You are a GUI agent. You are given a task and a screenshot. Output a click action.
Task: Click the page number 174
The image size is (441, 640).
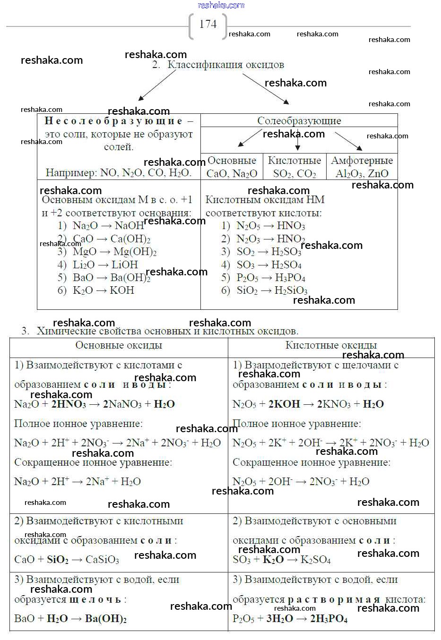[x=208, y=24]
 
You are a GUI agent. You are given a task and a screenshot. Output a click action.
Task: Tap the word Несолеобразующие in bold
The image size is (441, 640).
[x=113, y=121]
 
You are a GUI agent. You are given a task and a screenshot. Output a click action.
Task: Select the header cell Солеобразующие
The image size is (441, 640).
[x=299, y=121]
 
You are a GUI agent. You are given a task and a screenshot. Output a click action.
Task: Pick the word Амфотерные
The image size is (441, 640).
[x=362, y=161]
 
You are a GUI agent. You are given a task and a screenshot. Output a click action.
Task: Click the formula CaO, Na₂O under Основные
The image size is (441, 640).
[x=232, y=173]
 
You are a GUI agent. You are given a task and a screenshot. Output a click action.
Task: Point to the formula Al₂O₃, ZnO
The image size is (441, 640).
[x=362, y=173]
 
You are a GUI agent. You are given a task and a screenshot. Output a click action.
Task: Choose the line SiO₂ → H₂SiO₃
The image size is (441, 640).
[x=272, y=290]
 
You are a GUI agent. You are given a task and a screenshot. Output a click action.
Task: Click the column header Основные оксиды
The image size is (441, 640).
[x=119, y=345]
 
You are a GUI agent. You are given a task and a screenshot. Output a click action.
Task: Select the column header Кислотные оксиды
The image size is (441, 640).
[x=331, y=345]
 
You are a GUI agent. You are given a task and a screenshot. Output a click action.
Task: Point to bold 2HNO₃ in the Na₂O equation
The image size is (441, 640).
[x=69, y=404]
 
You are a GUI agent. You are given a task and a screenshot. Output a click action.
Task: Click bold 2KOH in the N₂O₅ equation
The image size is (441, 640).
[x=284, y=404]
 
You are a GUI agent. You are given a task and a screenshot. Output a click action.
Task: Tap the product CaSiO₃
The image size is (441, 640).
[x=102, y=560]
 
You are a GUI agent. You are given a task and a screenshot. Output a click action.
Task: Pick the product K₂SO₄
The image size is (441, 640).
[x=316, y=560]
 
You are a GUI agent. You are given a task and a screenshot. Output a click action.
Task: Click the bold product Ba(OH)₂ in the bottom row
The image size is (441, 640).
[x=106, y=619]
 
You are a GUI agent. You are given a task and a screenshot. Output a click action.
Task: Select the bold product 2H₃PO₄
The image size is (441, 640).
[x=329, y=619]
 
